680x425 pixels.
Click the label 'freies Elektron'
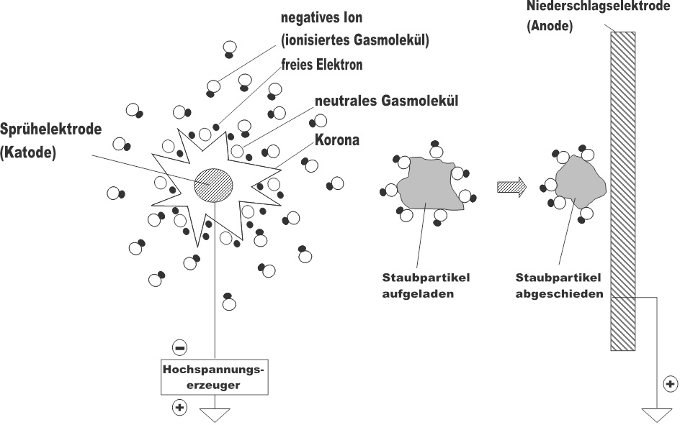click(321, 65)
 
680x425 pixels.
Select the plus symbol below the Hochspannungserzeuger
click(179, 408)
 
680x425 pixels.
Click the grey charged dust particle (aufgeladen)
click(426, 185)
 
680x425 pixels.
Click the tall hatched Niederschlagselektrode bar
click(622, 191)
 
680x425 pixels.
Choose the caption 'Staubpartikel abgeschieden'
click(559, 285)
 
